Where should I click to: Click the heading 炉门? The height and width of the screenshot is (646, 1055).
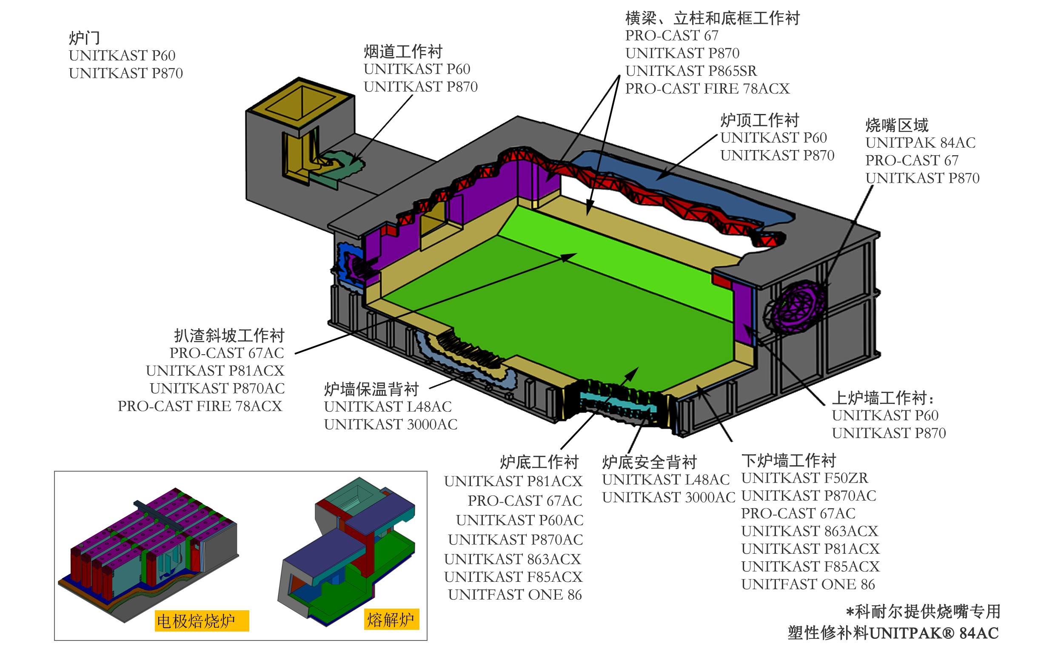click(x=84, y=38)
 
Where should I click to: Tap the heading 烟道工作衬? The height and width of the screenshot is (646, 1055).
click(x=403, y=52)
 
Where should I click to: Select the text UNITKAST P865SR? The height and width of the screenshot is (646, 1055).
click(x=690, y=71)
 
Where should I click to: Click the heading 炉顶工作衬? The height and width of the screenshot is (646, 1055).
click(x=760, y=120)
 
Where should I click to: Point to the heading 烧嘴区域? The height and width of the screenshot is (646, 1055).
click(x=897, y=125)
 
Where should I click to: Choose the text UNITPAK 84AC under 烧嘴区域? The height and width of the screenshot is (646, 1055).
click(x=920, y=142)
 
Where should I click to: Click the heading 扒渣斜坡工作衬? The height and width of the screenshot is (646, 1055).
click(x=229, y=336)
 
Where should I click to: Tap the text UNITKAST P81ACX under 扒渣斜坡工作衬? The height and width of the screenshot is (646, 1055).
click(x=215, y=371)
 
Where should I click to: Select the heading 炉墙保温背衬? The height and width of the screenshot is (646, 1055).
click(x=371, y=389)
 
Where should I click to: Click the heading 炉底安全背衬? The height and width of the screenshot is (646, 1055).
click(x=650, y=462)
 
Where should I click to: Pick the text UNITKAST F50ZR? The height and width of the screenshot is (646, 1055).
click(x=804, y=478)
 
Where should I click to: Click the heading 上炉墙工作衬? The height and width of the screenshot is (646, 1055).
click(x=882, y=398)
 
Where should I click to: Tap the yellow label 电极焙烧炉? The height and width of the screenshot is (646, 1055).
click(x=201, y=621)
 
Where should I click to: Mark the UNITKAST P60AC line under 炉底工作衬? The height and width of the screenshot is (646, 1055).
click(x=519, y=520)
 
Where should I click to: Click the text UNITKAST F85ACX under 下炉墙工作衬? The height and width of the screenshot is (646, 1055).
click(x=810, y=567)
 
